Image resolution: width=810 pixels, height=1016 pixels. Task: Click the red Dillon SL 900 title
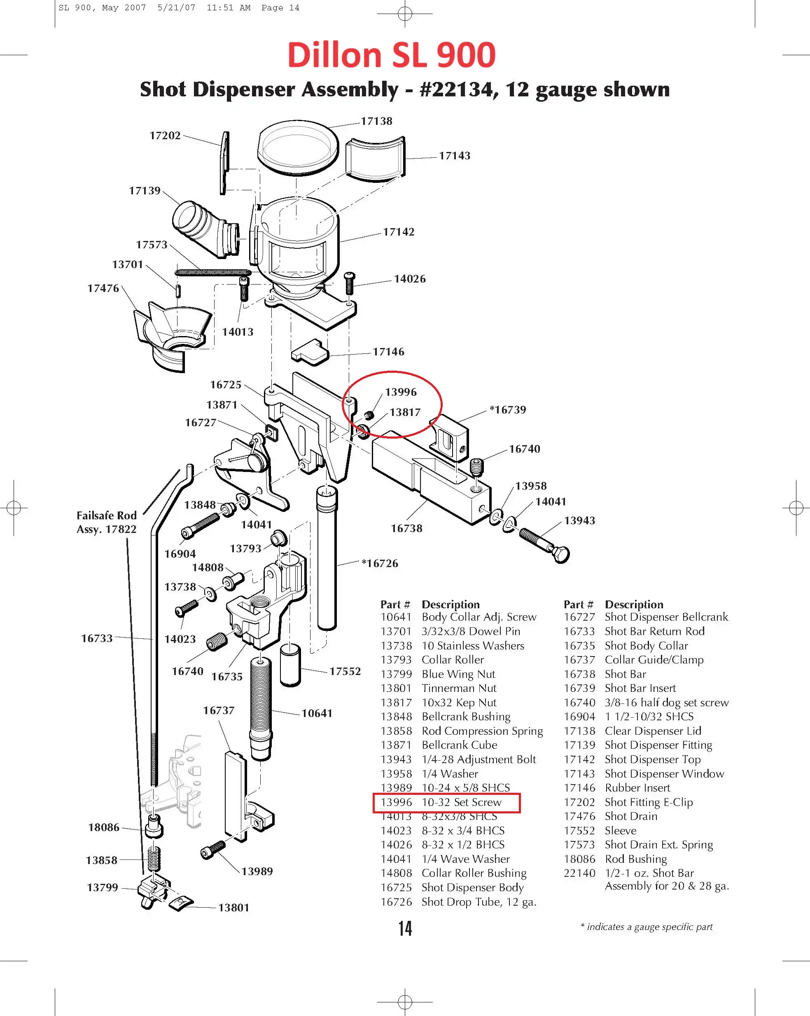391,55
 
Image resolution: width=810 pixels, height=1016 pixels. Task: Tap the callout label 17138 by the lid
376,121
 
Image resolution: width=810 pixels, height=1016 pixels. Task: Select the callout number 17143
454,156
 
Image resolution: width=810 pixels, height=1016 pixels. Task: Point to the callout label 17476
103,288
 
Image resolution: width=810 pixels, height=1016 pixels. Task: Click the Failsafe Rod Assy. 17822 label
107,522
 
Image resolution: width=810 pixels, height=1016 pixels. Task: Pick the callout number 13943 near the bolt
579,520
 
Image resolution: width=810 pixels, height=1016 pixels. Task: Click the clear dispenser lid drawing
298,147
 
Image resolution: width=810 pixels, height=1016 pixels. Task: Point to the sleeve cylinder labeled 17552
290,666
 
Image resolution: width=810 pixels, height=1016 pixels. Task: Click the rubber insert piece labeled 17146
310,352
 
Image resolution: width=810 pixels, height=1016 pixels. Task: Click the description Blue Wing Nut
458,674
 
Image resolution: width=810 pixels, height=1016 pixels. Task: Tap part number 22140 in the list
579,873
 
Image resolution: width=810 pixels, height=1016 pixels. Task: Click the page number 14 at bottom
405,928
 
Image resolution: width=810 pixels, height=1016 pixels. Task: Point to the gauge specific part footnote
647,927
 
